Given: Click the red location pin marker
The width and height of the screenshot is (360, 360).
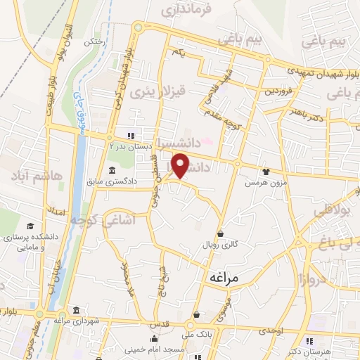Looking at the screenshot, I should (181, 166).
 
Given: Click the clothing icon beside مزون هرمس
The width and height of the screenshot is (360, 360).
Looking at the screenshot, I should (266, 171).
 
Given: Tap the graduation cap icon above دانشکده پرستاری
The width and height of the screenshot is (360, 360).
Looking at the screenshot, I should (30, 225).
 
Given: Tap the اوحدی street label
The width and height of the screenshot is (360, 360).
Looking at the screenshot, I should (270, 330).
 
